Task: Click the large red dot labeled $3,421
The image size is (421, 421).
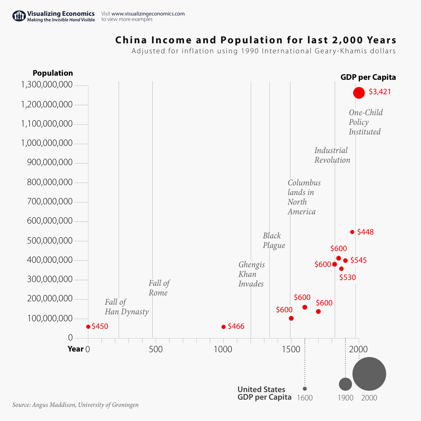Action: coord(359,93)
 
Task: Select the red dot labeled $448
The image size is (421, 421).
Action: coord(352,232)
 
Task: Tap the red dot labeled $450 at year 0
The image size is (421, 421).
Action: coord(88,327)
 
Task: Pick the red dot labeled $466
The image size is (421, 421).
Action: coord(224,327)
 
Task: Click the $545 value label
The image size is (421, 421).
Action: coord(358,260)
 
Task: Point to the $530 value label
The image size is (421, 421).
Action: coord(347,277)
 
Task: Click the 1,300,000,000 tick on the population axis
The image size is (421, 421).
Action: coord(47,85)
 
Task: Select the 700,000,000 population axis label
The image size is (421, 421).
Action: coord(50,202)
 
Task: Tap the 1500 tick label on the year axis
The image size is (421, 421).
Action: coord(291,349)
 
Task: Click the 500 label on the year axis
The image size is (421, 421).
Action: coord(156,349)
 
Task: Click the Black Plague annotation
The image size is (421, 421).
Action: coord(274,240)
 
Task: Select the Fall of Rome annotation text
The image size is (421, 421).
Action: coord(159,288)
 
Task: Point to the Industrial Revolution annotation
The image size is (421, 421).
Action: coord(332,155)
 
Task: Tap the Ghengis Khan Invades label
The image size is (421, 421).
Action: coord(251,274)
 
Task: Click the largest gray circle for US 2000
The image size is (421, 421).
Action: coord(369,374)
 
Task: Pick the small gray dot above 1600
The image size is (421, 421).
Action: coord(305,389)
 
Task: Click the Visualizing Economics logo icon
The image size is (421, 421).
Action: coord(19,16)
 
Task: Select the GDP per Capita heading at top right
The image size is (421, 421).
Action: coord(368,77)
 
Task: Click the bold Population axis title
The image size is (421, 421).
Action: coord(53,73)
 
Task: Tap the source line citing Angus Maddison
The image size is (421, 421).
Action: coord(75,405)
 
